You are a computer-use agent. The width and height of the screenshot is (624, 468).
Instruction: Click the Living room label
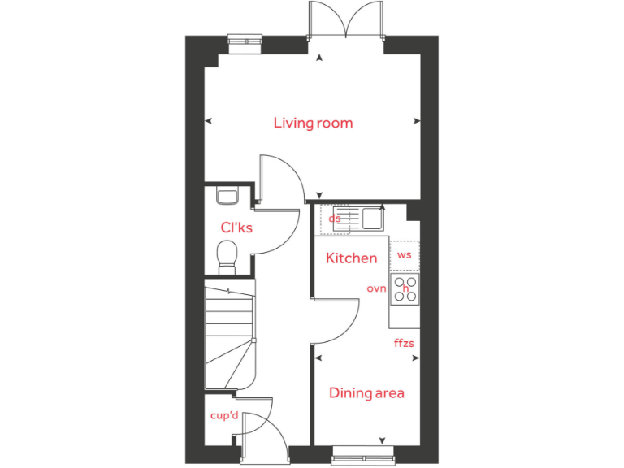pyautogui.click(x=313, y=123)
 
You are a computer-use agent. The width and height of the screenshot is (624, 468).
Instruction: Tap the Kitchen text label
pyautogui.click(x=351, y=258)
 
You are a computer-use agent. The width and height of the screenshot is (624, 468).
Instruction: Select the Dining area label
pyautogui.click(x=366, y=393)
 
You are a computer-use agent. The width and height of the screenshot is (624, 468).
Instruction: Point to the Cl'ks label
pyautogui.click(x=236, y=227)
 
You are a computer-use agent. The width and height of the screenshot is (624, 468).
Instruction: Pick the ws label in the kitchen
pyautogui.click(x=404, y=254)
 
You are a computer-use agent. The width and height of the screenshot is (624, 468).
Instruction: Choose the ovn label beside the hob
pyautogui.click(x=376, y=288)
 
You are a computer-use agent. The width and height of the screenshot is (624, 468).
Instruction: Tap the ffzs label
pyautogui.click(x=404, y=343)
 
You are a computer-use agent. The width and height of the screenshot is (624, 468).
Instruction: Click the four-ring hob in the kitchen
pyautogui.click(x=405, y=289)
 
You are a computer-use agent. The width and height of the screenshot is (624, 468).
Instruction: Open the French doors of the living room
pyautogui.click(x=345, y=19)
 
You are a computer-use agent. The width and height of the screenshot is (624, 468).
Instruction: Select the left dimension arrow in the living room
pyautogui.click(x=209, y=121)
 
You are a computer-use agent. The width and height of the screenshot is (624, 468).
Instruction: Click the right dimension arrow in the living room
pyautogui.click(x=418, y=121)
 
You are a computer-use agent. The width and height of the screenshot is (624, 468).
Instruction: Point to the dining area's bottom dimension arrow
pyautogui.click(x=382, y=440)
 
